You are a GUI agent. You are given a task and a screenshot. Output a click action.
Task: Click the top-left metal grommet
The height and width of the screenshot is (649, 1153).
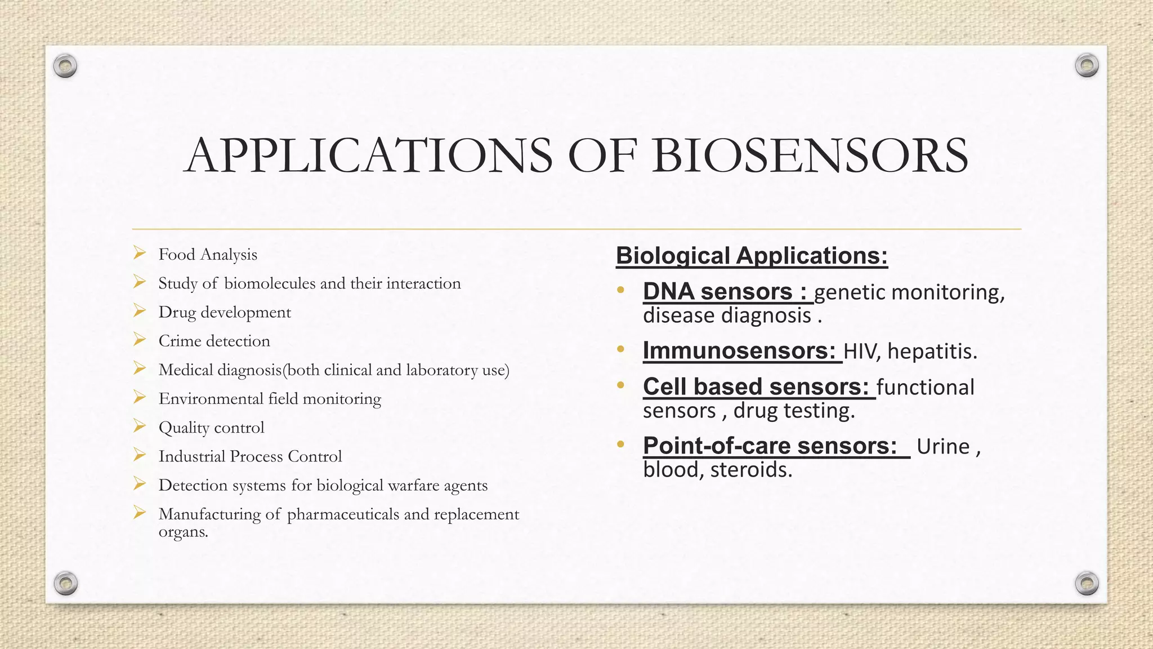coord(65,66)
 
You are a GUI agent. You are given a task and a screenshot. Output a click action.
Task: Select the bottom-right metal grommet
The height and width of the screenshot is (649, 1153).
coord(1087,583)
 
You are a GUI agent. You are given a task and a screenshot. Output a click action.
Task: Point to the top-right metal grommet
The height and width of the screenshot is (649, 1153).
coord(1087,66)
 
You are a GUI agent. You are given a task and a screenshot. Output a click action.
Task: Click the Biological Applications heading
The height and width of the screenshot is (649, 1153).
coord(752,256)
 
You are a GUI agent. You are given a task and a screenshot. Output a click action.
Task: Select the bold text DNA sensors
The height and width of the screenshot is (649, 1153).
coord(725,292)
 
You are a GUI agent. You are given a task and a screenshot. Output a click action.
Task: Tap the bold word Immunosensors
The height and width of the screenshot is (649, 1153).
coord(739,351)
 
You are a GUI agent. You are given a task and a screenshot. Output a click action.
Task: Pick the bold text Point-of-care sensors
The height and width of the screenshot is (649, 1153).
coord(770,446)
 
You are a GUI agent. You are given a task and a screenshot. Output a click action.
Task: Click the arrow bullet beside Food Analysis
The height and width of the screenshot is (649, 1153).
coord(140,254)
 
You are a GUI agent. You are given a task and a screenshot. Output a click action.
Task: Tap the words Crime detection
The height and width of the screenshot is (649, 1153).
coord(214,341)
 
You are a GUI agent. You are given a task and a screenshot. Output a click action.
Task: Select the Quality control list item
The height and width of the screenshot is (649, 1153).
coord(211,428)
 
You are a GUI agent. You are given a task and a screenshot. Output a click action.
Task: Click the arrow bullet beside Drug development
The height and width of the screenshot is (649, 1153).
coord(140,311)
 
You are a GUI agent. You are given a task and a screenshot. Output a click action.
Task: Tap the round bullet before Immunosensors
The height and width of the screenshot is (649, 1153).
coord(620,350)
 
